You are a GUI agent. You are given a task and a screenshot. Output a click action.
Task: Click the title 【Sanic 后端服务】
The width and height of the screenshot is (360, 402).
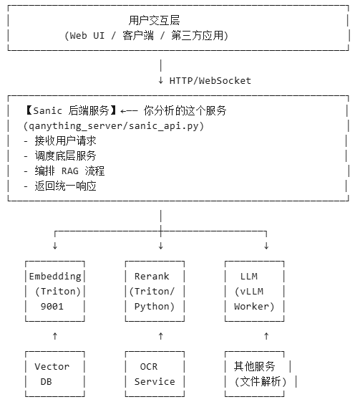[x=69, y=111]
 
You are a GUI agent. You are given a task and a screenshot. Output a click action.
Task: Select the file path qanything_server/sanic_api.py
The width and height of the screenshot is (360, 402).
[x=114, y=125]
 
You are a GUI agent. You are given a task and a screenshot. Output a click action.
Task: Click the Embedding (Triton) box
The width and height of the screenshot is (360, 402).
[x=55, y=291]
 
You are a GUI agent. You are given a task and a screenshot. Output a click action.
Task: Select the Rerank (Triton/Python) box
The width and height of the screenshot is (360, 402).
[x=155, y=291]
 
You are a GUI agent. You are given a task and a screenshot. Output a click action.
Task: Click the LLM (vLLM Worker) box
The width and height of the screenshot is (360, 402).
[x=253, y=291]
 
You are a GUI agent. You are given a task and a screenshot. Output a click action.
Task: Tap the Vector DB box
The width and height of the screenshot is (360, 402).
[x=52, y=373]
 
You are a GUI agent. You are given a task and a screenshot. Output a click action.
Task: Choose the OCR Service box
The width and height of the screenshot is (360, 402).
[x=155, y=373]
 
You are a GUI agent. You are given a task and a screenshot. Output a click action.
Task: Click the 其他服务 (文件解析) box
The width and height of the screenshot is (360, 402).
[x=259, y=373]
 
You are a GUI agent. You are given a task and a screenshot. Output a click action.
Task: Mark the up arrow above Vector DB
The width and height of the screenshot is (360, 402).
[x=55, y=335]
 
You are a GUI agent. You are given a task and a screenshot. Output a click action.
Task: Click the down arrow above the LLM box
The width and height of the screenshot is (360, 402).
[x=266, y=246]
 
